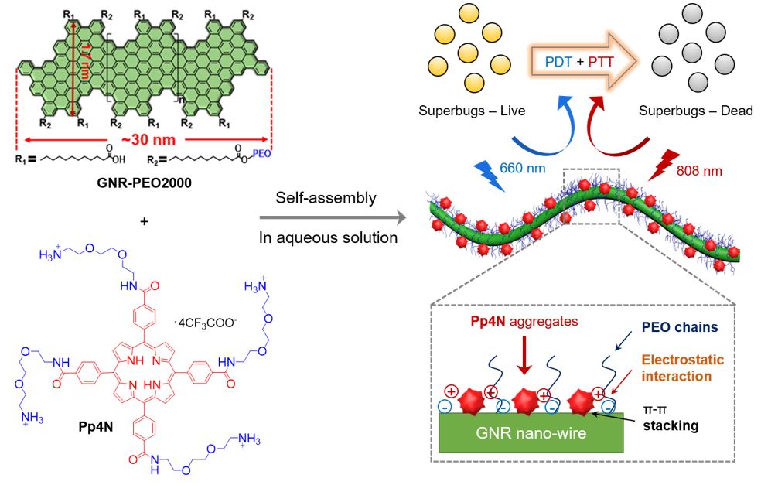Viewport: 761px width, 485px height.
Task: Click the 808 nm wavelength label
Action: click(x=698, y=170)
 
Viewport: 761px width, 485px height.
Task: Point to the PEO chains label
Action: click(x=681, y=327)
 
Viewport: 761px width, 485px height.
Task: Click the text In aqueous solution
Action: click(x=328, y=237)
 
